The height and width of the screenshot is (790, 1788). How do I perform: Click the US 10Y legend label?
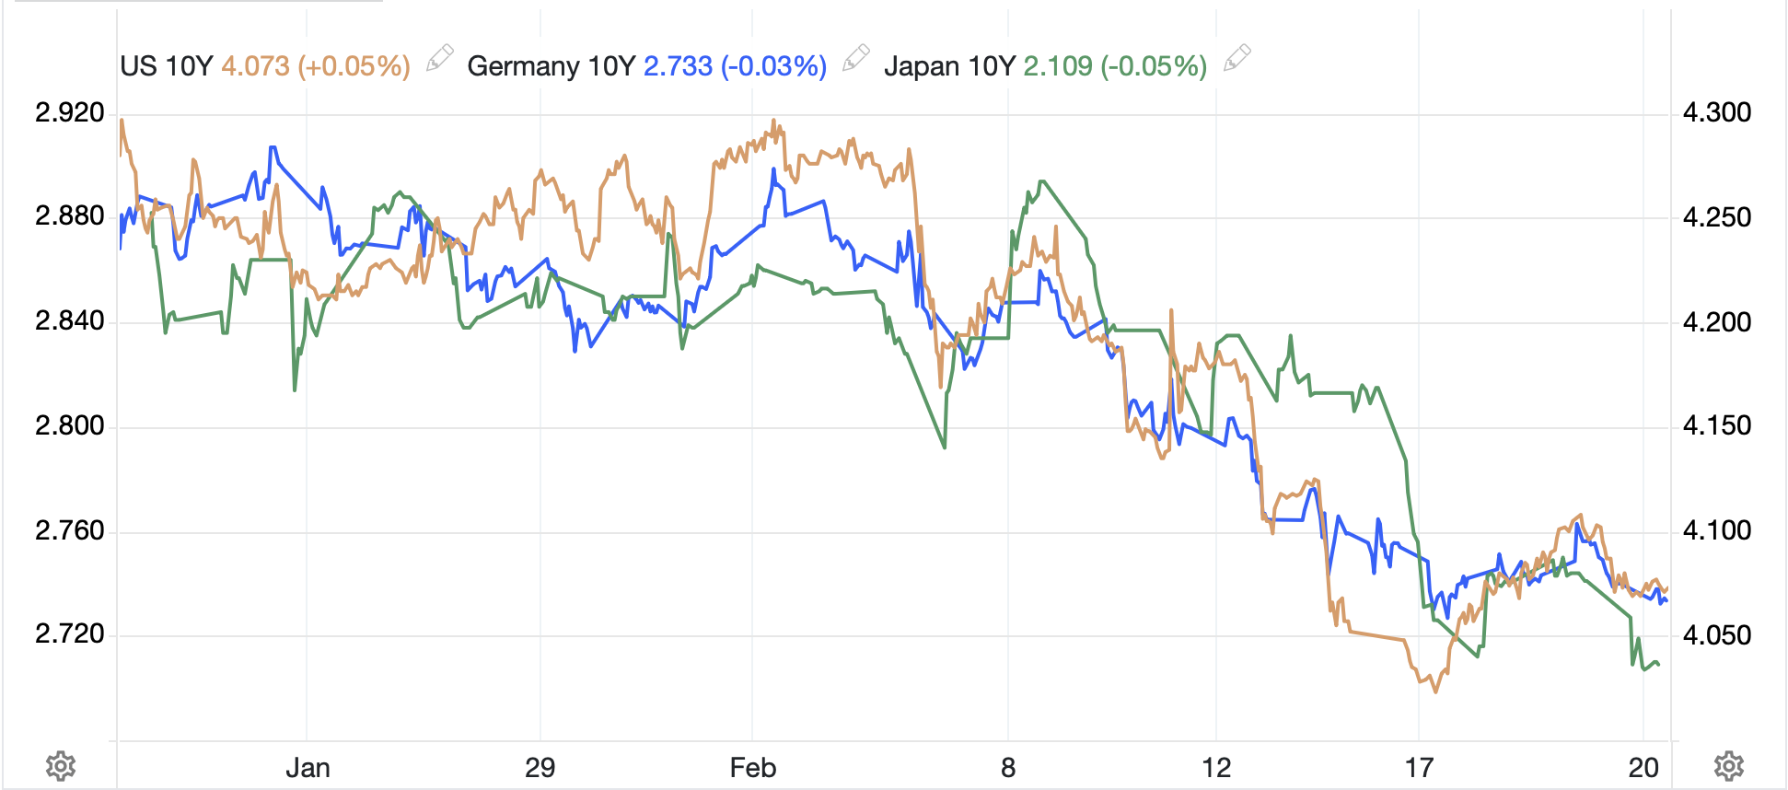[x=166, y=66]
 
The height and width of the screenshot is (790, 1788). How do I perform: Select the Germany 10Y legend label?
[x=523, y=66]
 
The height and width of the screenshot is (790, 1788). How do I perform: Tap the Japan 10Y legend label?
[x=948, y=66]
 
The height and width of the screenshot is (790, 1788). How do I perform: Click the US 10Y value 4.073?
[x=255, y=66]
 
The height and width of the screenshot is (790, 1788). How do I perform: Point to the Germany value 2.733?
[x=678, y=66]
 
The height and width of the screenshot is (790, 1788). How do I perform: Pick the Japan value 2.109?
[x=1058, y=66]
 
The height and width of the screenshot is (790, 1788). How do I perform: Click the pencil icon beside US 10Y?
[x=439, y=59]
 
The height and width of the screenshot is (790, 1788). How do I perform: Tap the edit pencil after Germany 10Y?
[x=856, y=59]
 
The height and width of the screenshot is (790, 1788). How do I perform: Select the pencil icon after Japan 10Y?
[x=1237, y=59]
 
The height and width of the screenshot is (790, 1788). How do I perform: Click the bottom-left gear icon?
[x=61, y=766]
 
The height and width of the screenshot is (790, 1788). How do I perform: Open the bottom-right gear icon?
[x=1728, y=766]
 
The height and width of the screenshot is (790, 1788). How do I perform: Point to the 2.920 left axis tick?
[x=69, y=113]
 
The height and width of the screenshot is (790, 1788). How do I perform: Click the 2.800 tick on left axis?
[x=69, y=426]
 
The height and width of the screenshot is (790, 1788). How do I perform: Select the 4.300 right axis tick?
[x=1716, y=113]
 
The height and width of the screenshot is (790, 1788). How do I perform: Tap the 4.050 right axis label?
[x=1716, y=635]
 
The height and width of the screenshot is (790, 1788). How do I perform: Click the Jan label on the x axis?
[x=308, y=768]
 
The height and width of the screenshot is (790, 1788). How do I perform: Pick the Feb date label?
[x=752, y=768]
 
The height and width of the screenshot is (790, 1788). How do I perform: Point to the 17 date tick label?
[x=1419, y=768]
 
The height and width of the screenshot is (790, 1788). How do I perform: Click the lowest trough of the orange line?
[x=1435, y=691]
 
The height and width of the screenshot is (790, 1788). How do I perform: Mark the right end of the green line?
[x=1659, y=665]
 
